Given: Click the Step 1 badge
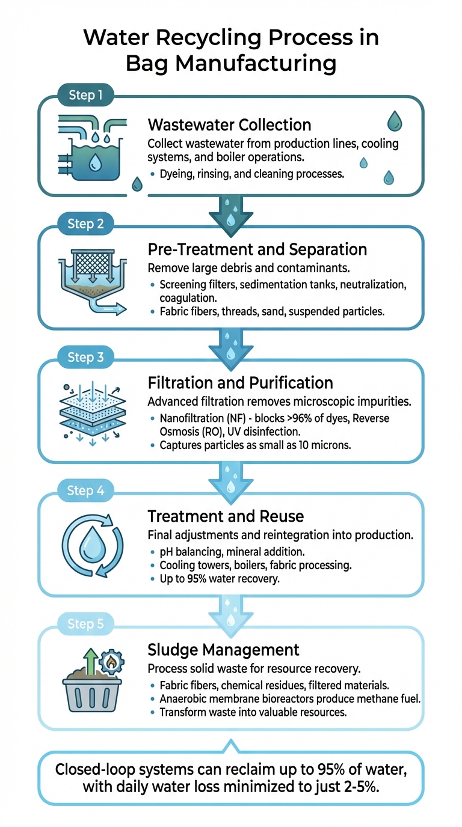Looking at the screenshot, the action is (85, 96).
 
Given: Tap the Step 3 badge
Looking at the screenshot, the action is (85, 358).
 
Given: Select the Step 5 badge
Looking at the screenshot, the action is (85, 624).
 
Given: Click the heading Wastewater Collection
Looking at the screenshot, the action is (229, 125).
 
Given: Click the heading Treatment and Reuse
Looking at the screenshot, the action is (226, 516).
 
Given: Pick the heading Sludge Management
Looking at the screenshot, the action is (223, 649).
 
